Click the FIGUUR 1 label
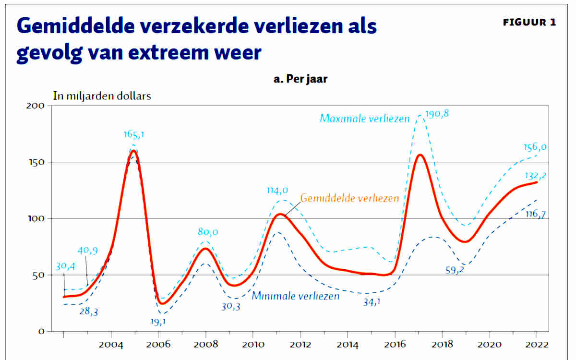coord(529,23)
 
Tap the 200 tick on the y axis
coord(36,106)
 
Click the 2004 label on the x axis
coord(111,344)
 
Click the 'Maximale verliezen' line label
coord(365,118)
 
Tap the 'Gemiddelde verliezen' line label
coord(349,198)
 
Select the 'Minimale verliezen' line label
coord(295,296)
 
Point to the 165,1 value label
coord(134,135)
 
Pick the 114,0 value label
coord(278,191)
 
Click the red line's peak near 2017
coord(420,155)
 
